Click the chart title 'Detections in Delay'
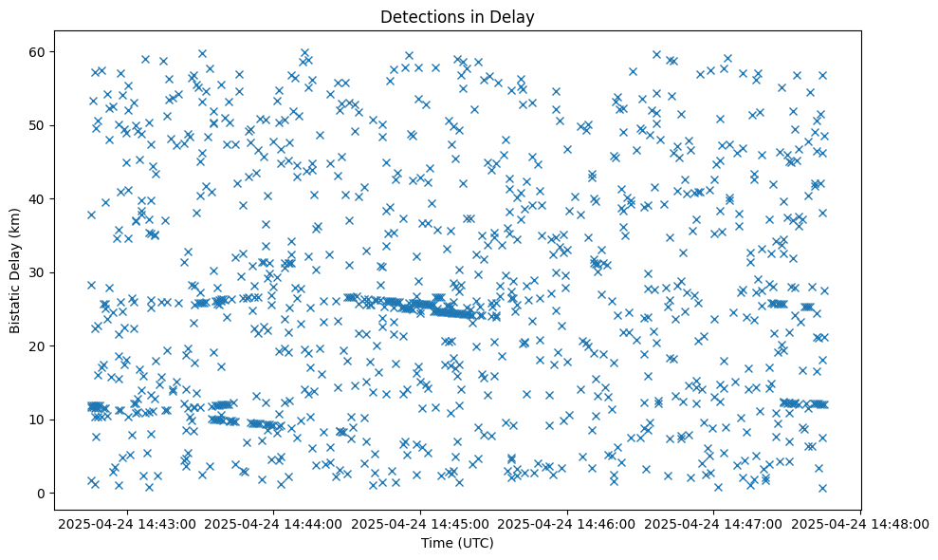(457, 16)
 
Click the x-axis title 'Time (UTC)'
(457, 543)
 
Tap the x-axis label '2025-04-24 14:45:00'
(421, 523)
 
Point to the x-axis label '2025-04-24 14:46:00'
(568, 523)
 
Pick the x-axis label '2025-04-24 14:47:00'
(714, 523)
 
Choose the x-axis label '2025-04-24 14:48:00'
(861, 523)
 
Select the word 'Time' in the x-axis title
(438, 543)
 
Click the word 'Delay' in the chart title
(513, 16)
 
